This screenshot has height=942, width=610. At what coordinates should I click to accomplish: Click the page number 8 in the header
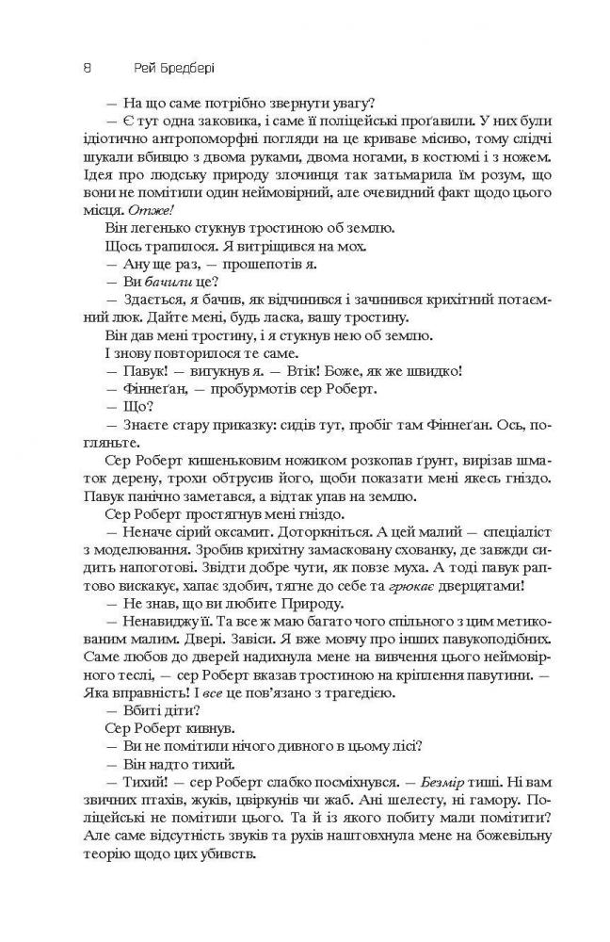click(x=87, y=69)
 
